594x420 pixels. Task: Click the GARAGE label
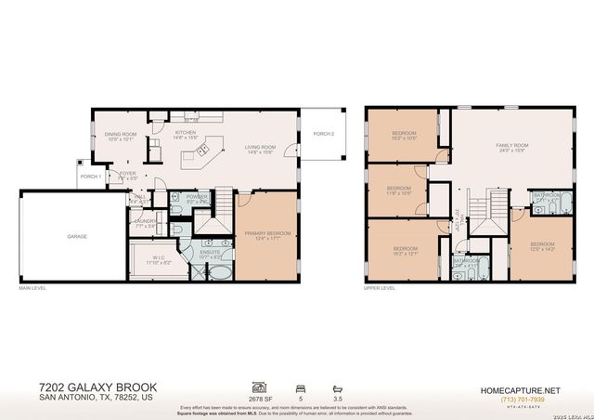tap(77, 236)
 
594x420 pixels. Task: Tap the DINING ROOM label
tap(121, 135)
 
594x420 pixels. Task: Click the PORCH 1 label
tap(90, 177)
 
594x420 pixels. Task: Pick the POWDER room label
tap(197, 197)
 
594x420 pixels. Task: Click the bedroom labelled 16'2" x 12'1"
tap(405, 248)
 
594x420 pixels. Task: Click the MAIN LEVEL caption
tap(32, 288)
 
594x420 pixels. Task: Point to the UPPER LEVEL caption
tap(379, 288)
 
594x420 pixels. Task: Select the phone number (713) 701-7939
tap(519, 400)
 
